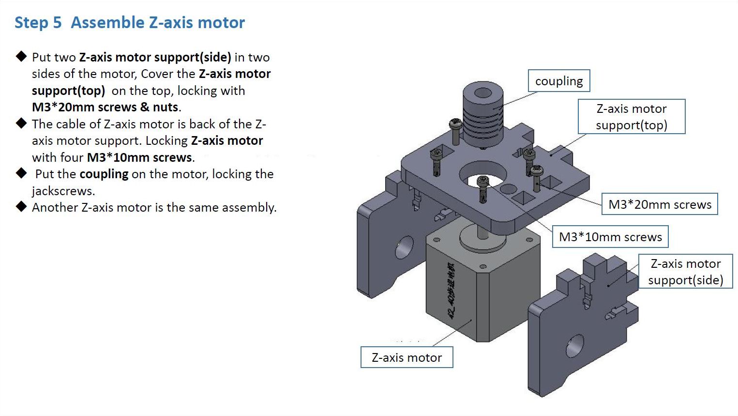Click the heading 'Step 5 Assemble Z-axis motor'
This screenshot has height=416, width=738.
[130, 23]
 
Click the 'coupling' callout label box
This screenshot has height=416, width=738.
[559, 81]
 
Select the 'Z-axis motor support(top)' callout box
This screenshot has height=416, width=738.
[631, 117]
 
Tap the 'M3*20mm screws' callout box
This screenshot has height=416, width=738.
[660, 204]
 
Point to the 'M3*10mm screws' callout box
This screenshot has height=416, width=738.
[610, 237]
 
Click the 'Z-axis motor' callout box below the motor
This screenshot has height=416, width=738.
[407, 357]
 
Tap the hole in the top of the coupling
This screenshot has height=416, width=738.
[482, 93]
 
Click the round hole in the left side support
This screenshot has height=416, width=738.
[405, 247]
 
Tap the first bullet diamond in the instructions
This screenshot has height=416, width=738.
[21, 57]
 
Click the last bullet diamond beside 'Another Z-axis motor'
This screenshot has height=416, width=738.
[21, 207]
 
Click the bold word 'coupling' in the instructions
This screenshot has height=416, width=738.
[104, 174]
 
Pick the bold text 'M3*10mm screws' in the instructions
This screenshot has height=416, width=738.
[139, 157]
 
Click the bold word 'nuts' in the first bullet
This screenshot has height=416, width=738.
[166, 107]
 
